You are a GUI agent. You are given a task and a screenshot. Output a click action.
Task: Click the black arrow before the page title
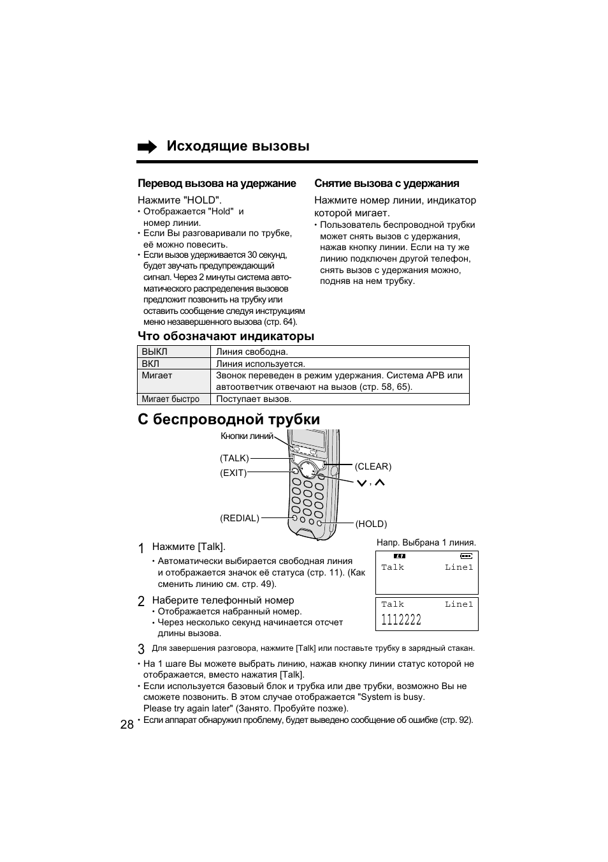(x=147, y=147)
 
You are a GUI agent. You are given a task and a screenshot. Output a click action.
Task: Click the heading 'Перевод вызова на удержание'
(x=217, y=184)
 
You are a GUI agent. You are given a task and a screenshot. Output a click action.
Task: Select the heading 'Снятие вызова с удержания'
(x=386, y=184)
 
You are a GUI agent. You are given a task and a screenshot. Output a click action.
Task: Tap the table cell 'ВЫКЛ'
(x=154, y=352)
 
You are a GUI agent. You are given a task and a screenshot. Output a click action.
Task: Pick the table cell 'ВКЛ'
(x=150, y=364)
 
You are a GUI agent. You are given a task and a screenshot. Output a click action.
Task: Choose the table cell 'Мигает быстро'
(x=170, y=399)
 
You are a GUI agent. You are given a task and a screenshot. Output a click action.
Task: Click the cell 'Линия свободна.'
(x=252, y=352)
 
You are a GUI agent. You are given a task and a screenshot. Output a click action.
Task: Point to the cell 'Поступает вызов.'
(x=254, y=399)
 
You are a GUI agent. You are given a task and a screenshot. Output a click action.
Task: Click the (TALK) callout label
(x=234, y=458)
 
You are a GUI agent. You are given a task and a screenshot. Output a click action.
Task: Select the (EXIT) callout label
(x=233, y=473)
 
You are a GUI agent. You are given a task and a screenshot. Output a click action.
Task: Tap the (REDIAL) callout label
(x=240, y=518)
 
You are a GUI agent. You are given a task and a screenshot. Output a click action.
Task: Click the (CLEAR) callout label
(x=373, y=466)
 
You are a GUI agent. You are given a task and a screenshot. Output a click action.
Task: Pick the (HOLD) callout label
(x=371, y=524)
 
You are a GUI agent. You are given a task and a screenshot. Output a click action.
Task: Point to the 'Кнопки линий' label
(x=247, y=436)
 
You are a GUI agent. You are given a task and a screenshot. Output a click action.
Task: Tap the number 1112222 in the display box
(x=401, y=620)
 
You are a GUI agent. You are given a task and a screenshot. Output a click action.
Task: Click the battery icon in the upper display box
(x=467, y=556)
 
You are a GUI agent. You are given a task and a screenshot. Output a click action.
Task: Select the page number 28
(x=127, y=724)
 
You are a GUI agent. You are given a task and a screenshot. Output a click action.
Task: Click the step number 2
(x=141, y=601)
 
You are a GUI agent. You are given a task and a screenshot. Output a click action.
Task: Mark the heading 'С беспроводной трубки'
(x=229, y=419)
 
